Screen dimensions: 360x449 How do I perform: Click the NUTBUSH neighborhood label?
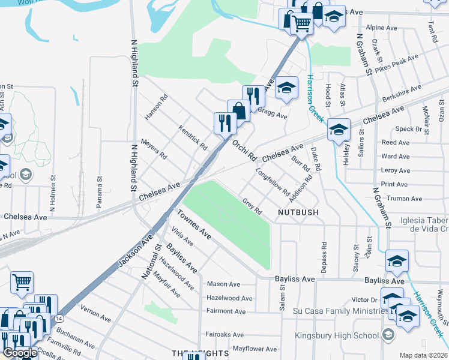pos(298,212)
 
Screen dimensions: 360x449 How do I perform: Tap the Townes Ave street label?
pos(194,225)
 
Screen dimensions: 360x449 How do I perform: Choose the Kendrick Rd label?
pos(193,137)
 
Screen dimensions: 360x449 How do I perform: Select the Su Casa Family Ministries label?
pos(339,311)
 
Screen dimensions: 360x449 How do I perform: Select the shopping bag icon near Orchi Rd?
pos(238,110)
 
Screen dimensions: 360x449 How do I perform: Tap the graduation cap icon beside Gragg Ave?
pos(286,88)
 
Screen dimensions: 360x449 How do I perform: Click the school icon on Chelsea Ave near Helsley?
pos(339,130)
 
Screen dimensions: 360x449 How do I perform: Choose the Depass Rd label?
pos(324,258)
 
